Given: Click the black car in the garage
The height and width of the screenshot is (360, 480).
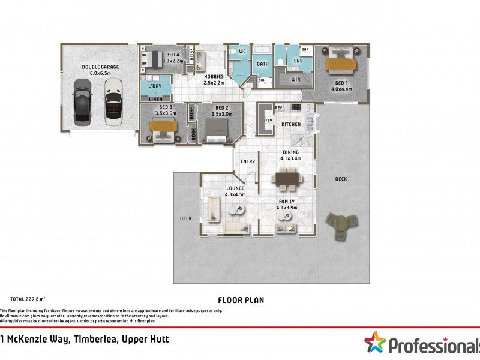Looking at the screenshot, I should tap(83, 101).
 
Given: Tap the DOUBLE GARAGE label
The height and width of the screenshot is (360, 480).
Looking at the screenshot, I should tap(100, 67).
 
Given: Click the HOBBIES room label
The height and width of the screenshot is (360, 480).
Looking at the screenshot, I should tap(214, 77).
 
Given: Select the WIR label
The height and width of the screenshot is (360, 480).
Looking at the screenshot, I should tap(295, 79).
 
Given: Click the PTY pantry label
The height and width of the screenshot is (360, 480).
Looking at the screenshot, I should tap(268, 121).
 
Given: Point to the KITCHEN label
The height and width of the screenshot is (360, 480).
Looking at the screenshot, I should tap(291, 124).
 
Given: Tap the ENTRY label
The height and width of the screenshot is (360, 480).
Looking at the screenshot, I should tap(248, 161).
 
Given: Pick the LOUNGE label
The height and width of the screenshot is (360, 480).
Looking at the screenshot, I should tap(235, 188).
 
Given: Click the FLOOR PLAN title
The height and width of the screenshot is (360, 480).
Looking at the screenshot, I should tap(241, 300).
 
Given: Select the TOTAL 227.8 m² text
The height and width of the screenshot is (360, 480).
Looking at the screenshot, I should tap(28, 298).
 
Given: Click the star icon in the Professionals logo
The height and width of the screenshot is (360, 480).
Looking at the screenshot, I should tap(375, 343).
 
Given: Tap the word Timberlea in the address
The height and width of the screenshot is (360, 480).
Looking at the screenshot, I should tap(94, 340).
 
